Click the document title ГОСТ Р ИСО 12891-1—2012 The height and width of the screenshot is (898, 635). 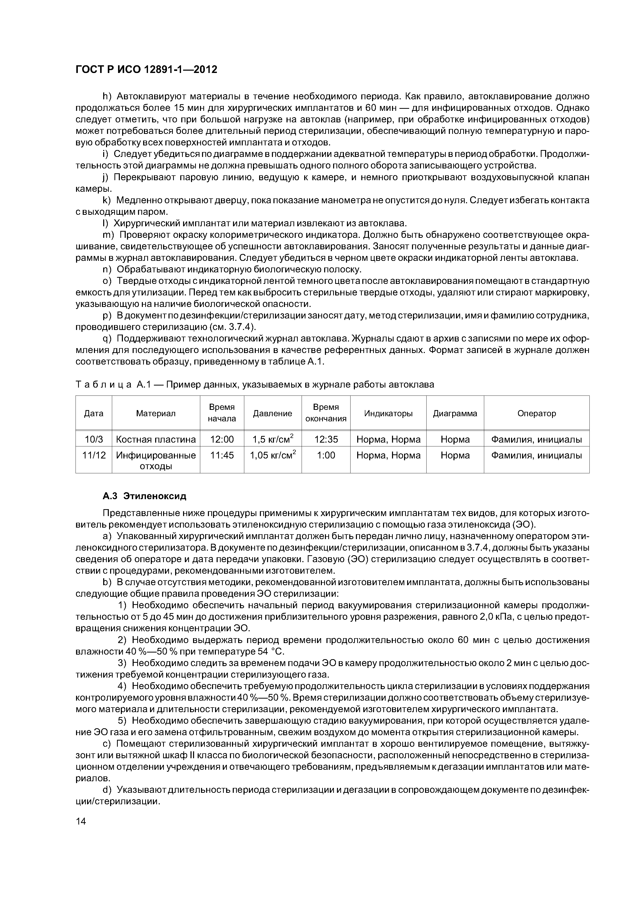pos(146,70)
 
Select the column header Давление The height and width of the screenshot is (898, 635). pos(272,413)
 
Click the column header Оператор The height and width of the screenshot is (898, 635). pos(536,413)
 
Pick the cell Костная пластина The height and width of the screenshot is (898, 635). pos(156,439)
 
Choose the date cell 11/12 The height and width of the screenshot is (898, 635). pos(94,455)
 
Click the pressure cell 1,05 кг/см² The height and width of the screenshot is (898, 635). pos(272,455)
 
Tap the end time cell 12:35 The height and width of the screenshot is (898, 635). pos(326,439)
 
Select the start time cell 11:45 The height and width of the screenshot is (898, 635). pos(222,455)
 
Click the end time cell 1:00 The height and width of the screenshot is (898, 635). pos(326,455)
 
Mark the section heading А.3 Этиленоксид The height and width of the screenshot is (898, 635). pos(144,496)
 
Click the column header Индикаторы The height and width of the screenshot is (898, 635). pos(388,413)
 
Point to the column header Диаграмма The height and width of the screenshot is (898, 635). pos(455,413)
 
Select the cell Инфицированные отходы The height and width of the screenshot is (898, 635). pos(156,460)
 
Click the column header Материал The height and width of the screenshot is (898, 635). pos(156,413)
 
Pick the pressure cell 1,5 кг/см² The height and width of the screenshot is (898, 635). pos(272,439)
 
